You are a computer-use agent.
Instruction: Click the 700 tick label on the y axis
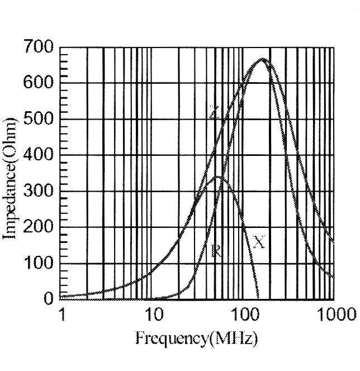[x=38, y=48]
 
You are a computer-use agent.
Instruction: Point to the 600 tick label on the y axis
[x=38, y=84]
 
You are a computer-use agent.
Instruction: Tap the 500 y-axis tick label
[x=38, y=120]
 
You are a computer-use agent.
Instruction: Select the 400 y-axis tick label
[x=38, y=155]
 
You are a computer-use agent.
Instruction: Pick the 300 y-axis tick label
[x=38, y=192]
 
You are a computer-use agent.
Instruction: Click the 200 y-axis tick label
[x=38, y=227]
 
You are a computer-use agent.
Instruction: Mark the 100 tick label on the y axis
[x=38, y=263]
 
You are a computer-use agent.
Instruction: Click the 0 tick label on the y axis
[x=48, y=299]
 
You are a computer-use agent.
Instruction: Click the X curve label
[x=258, y=242]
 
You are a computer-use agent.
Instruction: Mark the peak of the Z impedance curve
[x=262, y=59]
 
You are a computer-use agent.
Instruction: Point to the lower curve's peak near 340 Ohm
[x=218, y=177]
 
